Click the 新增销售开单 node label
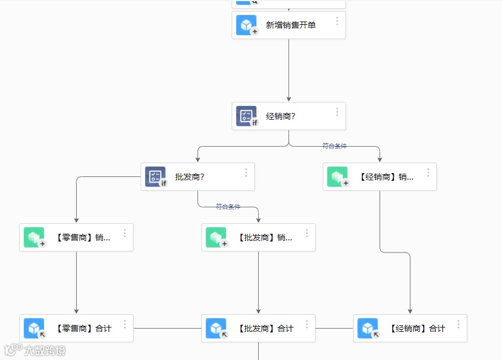(x=291, y=25)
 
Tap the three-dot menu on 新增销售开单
(x=337, y=21)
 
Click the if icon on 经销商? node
(x=246, y=116)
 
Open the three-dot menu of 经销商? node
(x=337, y=112)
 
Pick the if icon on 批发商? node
(x=155, y=176)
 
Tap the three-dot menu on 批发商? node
(x=246, y=173)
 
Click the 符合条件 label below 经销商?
(x=334, y=146)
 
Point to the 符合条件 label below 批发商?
(x=228, y=207)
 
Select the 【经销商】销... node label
(x=386, y=177)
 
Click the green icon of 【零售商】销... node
(x=34, y=237)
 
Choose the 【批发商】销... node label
(x=265, y=238)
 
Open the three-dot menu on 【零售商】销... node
(x=125, y=233)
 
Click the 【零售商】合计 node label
(x=83, y=329)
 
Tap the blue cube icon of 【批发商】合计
(x=216, y=328)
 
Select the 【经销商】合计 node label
(x=417, y=329)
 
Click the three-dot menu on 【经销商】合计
(x=458, y=324)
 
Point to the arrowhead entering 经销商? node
(x=289, y=99)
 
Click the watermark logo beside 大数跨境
(x=13, y=350)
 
